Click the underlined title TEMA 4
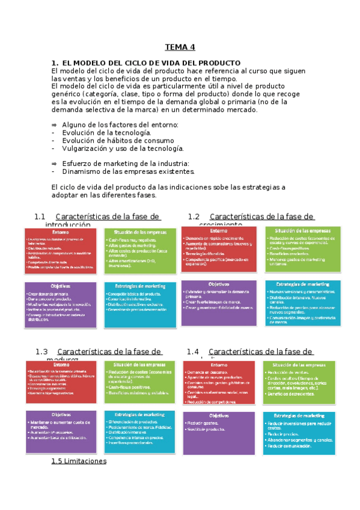click(x=180, y=48)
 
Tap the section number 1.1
click(x=40, y=217)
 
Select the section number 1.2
click(x=194, y=217)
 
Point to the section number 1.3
click(x=41, y=351)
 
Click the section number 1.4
click(x=192, y=351)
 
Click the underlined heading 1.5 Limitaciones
click(x=79, y=461)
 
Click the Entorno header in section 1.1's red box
click(x=60, y=232)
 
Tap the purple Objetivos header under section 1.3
click(x=61, y=414)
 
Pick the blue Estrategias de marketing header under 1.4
click(x=299, y=416)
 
